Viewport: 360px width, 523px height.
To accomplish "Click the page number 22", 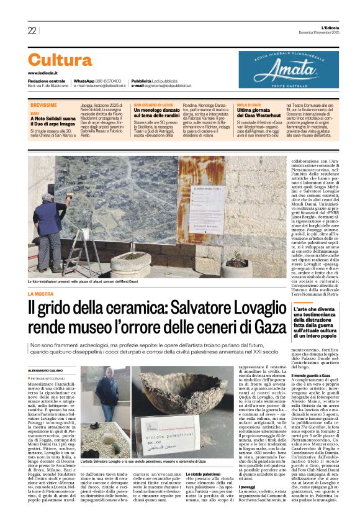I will click(32, 30).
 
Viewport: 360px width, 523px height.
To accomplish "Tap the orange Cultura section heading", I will click(60, 60).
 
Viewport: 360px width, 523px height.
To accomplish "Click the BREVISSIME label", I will click(43, 105).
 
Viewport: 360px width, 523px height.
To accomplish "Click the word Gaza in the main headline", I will click(271, 325).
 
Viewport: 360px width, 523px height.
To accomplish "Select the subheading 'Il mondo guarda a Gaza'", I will click(315, 376).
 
